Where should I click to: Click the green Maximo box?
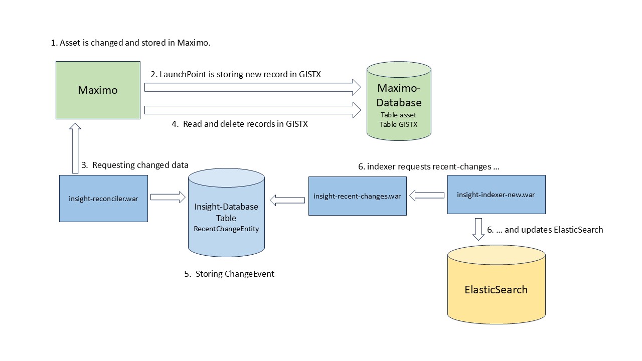[x=98, y=90]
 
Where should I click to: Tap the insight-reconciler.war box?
[x=103, y=198]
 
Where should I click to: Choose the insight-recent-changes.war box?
[x=357, y=196]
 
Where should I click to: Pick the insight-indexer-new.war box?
[x=496, y=194]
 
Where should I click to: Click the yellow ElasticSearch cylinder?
[x=496, y=289]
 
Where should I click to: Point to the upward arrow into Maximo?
[x=75, y=148]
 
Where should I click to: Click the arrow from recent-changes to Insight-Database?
[x=287, y=201]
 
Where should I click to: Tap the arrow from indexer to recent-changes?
[x=427, y=196]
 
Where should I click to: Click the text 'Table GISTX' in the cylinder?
[x=399, y=124]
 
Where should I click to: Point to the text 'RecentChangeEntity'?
[x=226, y=229]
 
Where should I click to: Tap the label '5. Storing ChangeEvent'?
[x=229, y=274]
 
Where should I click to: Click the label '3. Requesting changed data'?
[x=135, y=165]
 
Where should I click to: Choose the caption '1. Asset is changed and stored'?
[x=130, y=43]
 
